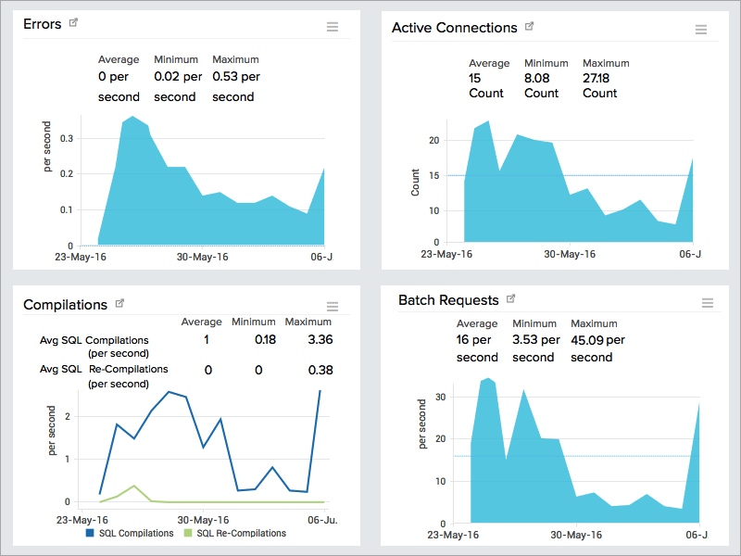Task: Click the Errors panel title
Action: tap(43, 24)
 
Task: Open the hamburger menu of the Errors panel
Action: tap(333, 27)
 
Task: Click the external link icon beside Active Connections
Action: tap(530, 26)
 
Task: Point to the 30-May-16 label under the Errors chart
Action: tap(202, 257)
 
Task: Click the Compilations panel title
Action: tap(65, 304)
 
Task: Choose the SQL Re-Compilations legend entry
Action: tap(240, 533)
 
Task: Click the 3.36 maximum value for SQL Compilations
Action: tap(320, 339)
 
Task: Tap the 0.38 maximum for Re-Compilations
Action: tap(320, 370)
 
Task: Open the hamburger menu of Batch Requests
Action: tap(708, 303)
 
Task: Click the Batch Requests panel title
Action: tap(448, 300)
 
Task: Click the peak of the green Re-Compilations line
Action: tap(134, 486)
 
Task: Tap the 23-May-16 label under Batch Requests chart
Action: tap(452, 535)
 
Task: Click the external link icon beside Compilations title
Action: tap(119, 303)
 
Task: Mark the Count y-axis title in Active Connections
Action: tap(415, 182)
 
